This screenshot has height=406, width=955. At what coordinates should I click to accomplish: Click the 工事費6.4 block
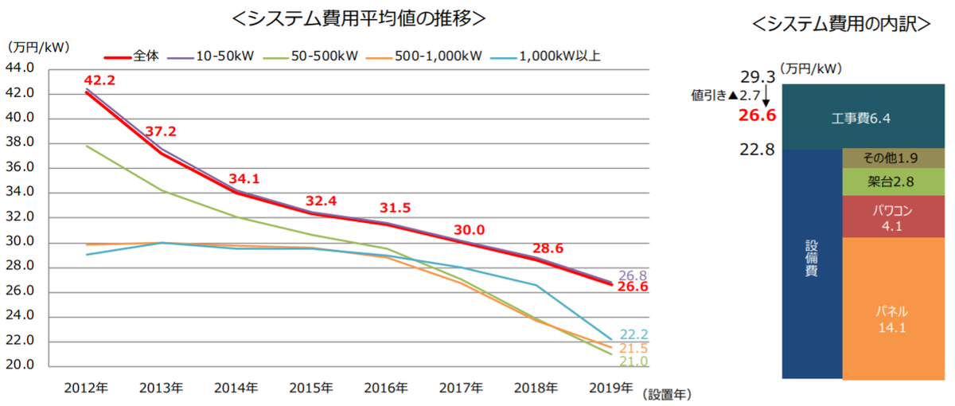click(859, 118)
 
